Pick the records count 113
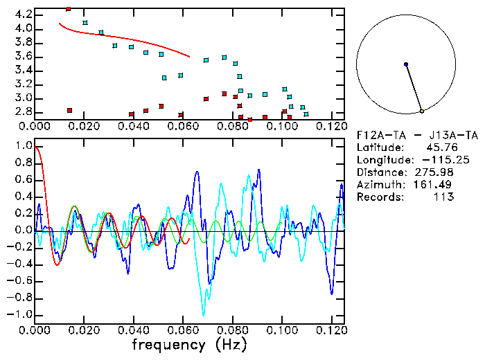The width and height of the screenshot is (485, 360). [443, 197]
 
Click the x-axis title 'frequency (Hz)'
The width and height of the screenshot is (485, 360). [187, 343]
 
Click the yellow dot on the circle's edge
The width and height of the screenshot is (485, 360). [421, 111]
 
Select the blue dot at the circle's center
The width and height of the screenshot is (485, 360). [406, 64]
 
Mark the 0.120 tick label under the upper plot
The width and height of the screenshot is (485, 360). [332, 126]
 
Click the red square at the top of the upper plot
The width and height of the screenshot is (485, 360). [68, 9]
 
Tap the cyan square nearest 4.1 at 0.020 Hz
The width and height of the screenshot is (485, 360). [85, 23]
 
